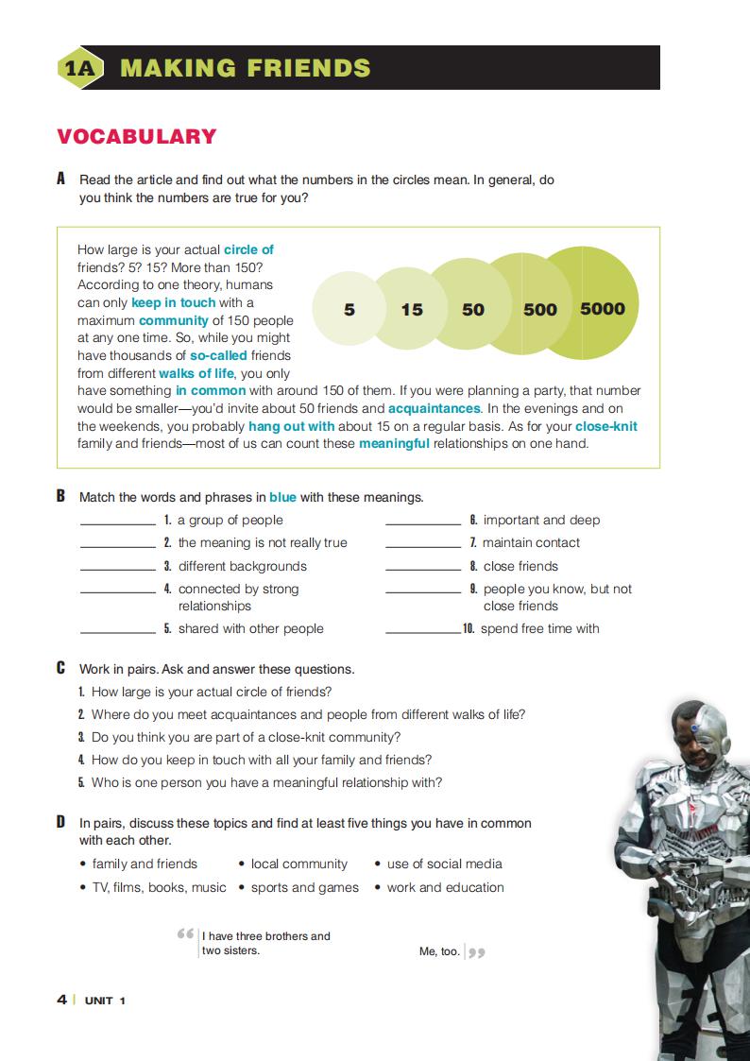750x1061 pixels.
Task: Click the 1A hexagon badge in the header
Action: (x=79, y=68)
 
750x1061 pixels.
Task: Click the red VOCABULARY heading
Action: (x=137, y=137)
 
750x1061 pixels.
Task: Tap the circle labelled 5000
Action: (x=602, y=308)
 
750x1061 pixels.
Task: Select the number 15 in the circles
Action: (x=412, y=309)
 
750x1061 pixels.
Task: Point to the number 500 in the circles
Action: (x=540, y=309)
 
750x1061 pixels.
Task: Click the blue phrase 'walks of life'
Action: (x=197, y=373)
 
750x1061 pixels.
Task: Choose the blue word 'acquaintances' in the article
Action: (x=435, y=408)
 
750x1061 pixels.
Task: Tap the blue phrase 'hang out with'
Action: (x=291, y=426)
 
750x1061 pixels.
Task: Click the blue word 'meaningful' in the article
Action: (x=394, y=443)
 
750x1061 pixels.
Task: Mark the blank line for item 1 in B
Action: (x=117, y=522)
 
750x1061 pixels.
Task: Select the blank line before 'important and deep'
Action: (x=422, y=522)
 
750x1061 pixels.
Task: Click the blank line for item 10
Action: (x=422, y=631)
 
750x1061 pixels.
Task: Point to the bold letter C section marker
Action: (x=61, y=668)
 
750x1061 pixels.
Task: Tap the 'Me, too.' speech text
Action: (x=439, y=951)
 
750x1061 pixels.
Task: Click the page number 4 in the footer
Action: (x=61, y=1000)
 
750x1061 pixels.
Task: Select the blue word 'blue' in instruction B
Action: (x=282, y=497)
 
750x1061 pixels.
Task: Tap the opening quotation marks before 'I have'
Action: (x=185, y=934)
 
